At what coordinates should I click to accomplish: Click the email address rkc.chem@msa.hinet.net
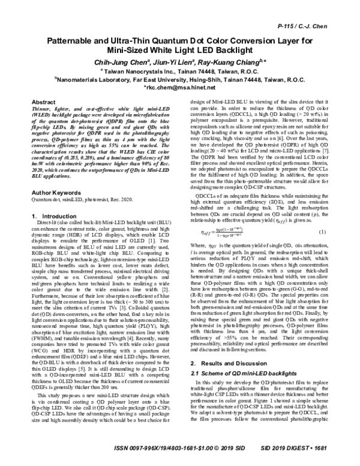click(x=179, y=71)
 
